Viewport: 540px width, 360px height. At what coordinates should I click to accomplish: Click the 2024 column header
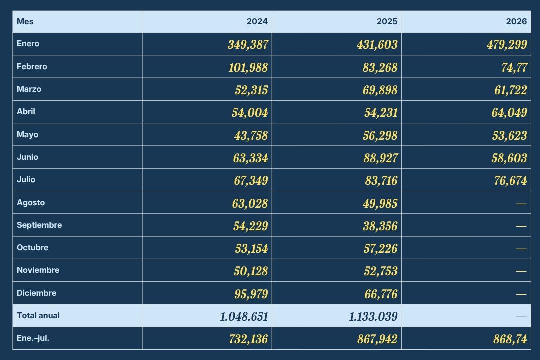coord(257,21)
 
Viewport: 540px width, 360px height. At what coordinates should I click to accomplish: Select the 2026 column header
coord(516,21)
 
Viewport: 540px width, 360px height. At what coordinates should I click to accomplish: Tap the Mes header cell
coord(25,21)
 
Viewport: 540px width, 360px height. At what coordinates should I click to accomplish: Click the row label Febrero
coord(32,67)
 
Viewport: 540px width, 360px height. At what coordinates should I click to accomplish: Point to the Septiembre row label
coord(39,225)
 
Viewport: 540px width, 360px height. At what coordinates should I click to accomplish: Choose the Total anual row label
coord(38,316)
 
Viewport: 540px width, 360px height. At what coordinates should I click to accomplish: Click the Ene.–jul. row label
coord(33,338)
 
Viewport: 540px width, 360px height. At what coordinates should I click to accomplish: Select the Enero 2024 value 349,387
coord(248,45)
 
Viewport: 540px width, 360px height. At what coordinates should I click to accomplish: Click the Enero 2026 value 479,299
coord(507,45)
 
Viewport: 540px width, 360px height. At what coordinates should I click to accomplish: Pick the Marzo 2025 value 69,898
coord(380,90)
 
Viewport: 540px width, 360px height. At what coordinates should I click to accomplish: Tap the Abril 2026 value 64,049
coord(509,112)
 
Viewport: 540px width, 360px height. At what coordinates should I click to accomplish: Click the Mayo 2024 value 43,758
coord(251,135)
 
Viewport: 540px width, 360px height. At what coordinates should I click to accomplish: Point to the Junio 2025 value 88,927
coord(380,158)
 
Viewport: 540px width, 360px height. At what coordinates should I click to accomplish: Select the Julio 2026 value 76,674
coord(510,180)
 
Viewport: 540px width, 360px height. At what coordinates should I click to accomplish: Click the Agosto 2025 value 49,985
coord(380,203)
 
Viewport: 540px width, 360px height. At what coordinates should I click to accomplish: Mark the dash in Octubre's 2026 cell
coord(521,248)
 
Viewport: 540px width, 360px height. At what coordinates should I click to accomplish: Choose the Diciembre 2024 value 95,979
coord(251,294)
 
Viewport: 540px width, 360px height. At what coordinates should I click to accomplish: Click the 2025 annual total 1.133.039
coord(373,316)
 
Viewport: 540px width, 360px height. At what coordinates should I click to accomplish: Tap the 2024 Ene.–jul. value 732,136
coord(248,339)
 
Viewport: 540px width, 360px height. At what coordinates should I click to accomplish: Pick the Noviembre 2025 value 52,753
coord(381,271)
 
